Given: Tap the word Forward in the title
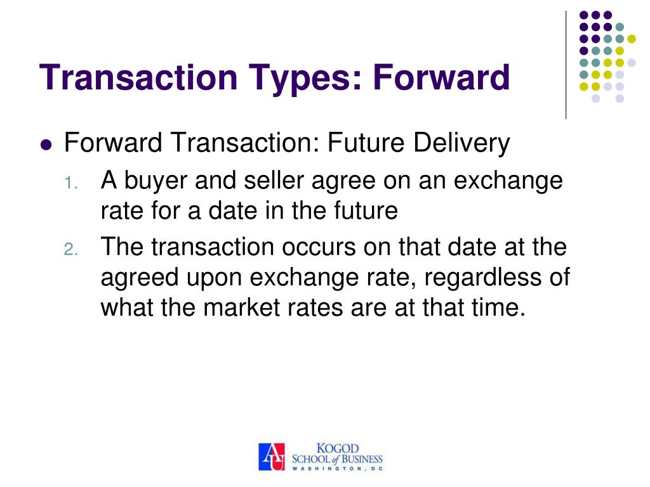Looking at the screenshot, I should coord(441,77).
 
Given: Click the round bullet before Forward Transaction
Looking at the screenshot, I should coord(45,145).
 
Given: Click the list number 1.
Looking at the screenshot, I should coord(70,184).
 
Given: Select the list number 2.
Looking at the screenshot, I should coord(70,250).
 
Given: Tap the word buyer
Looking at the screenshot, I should coord(156,181).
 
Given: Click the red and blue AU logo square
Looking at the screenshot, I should coord(272,457).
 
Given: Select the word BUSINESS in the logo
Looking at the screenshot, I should coord(359,458).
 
